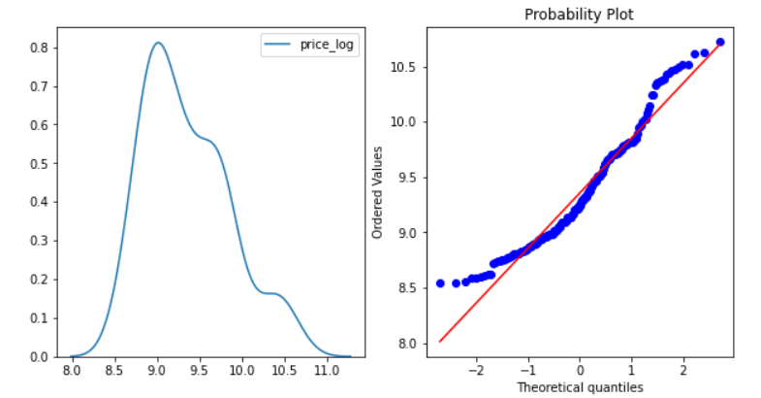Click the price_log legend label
[x=325, y=47]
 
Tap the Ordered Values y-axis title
[x=379, y=192]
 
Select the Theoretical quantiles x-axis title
[x=580, y=386]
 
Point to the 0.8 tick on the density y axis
[x=40, y=47]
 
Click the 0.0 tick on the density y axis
[x=40, y=356]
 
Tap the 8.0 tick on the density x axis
[x=73, y=371]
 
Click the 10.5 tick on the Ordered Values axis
[x=405, y=67]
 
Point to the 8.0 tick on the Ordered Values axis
[x=408, y=344]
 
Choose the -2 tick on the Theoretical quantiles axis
[x=475, y=371]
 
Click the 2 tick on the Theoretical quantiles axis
[x=683, y=371]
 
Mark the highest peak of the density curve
[x=157, y=43]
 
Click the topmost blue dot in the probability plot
[x=719, y=42]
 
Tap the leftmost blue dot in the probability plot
[x=441, y=283]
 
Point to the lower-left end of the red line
[x=440, y=341]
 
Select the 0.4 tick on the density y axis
[x=40, y=202]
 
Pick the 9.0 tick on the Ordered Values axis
[x=408, y=233]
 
